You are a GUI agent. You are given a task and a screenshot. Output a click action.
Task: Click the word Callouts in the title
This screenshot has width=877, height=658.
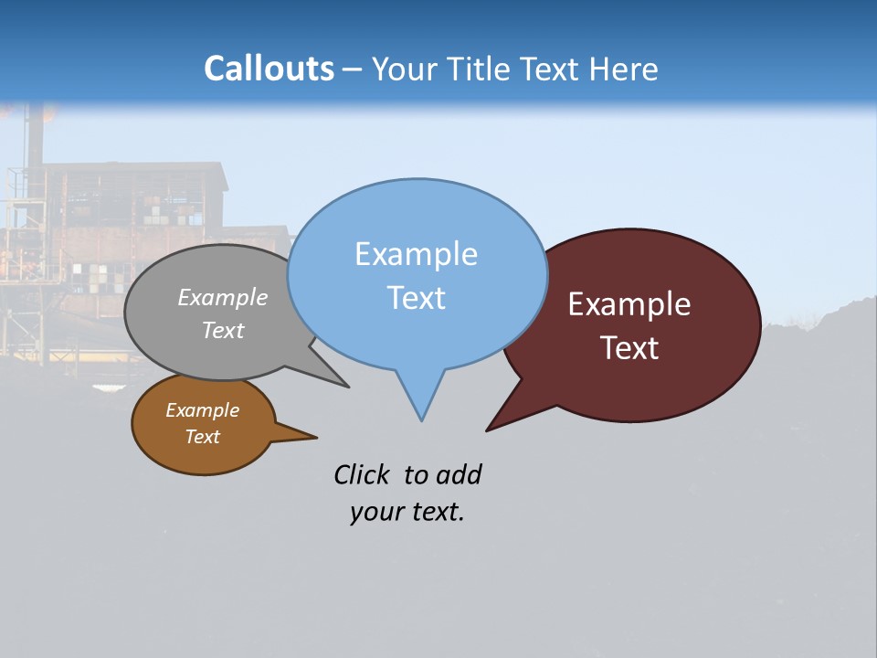(269, 69)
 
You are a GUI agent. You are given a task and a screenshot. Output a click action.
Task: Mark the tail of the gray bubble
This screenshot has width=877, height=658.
(343, 385)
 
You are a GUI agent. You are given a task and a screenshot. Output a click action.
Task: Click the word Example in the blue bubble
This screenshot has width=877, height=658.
(416, 254)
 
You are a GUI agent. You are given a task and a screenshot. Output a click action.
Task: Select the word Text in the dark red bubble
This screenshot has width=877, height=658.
(630, 348)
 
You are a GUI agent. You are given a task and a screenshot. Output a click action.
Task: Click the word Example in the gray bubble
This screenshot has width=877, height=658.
(223, 298)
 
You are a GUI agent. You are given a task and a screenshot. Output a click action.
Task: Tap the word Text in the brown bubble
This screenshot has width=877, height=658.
(202, 437)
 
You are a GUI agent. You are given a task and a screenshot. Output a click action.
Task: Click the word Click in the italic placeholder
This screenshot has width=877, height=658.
(362, 474)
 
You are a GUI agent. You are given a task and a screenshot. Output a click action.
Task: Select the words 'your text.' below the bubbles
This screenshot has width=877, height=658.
(407, 512)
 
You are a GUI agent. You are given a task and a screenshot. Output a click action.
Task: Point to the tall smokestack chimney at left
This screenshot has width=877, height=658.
(35, 137)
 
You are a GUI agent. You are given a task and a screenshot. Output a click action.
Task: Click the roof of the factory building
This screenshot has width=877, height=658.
(137, 167)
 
